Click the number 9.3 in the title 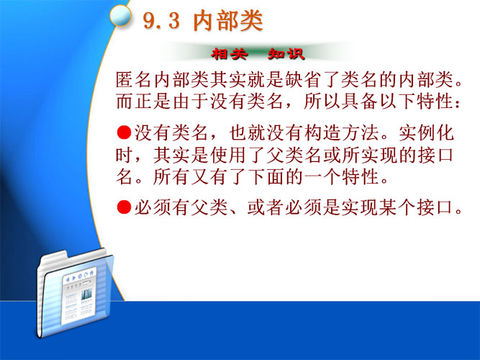click(161, 21)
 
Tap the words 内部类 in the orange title click(228, 21)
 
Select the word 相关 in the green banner click(230, 54)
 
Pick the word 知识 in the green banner click(286, 54)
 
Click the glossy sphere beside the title click(120, 15)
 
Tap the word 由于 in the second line click(191, 101)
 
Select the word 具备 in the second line click(360, 101)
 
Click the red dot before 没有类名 click(124, 132)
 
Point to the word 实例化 click(427, 133)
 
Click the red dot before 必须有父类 click(124, 207)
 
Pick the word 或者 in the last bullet click(266, 207)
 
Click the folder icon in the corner click(76, 292)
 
